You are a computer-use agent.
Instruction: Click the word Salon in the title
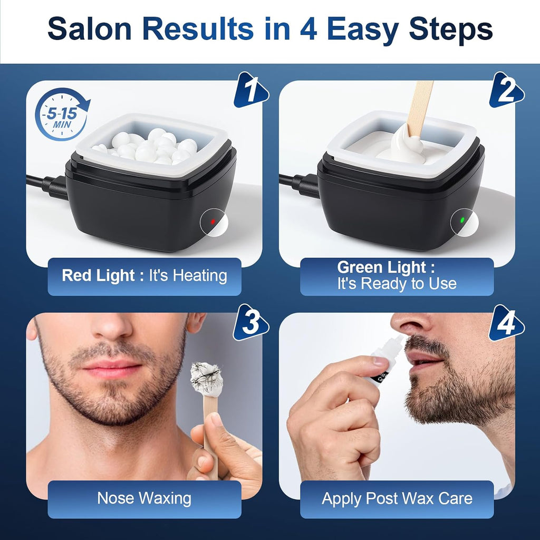click(90, 29)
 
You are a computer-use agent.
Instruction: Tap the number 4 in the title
click(308, 29)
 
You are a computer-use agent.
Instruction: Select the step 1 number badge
click(250, 90)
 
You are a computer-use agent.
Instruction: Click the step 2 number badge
click(507, 90)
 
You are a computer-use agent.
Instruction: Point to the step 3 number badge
click(250, 323)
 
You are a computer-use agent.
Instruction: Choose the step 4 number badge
click(507, 323)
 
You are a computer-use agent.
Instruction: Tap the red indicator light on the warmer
click(213, 221)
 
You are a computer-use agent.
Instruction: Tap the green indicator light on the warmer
click(462, 220)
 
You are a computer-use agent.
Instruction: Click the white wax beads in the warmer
click(147, 147)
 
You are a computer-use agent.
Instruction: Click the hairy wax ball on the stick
click(206, 379)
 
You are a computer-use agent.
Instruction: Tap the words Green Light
click(382, 267)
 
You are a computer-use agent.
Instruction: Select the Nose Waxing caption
click(144, 498)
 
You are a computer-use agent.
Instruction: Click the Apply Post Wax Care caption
click(397, 498)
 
